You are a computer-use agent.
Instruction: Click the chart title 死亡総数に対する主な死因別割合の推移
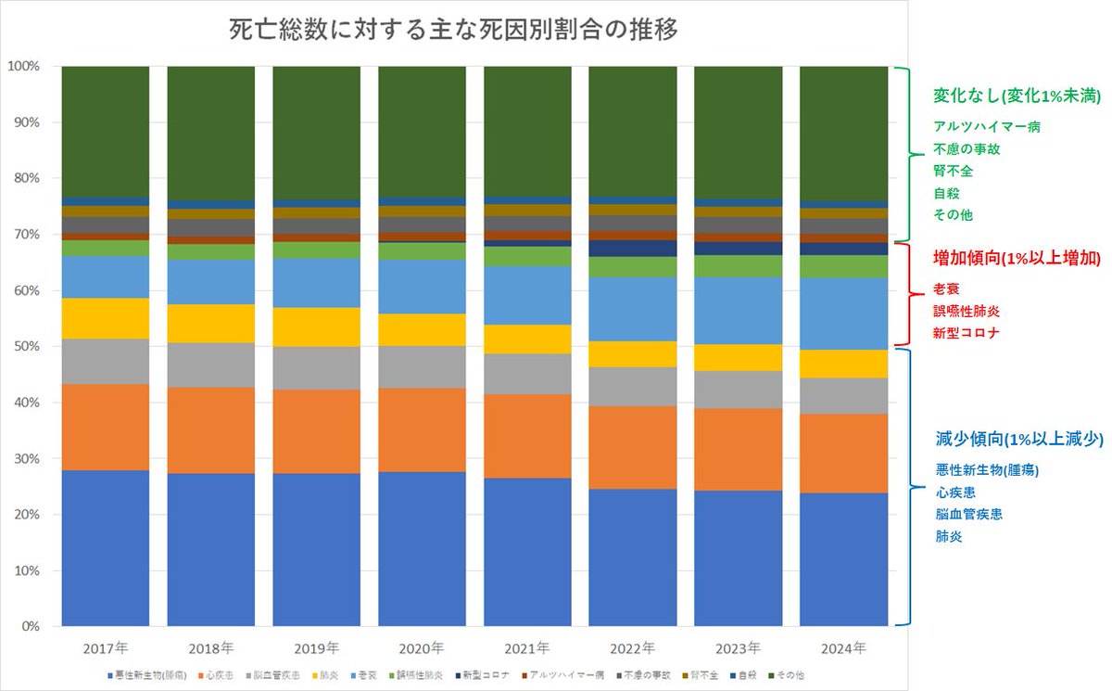(x=453, y=31)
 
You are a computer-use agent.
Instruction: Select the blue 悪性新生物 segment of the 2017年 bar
(x=106, y=547)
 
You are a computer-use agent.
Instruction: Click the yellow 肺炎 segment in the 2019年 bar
(x=316, y=326)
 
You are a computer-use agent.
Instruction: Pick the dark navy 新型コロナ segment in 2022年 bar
(x=632, y=248)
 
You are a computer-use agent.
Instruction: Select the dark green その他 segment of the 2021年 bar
(x=527, y=130)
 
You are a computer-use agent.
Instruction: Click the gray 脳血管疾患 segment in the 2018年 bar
(x=210, y=365)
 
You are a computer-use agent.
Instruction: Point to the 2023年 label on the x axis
(x=737, y=646)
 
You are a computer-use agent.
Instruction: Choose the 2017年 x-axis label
(x=106, y=646)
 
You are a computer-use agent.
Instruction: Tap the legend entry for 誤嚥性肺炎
(x=422, y=675)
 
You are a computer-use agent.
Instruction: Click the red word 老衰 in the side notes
(x=947, y=288)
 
